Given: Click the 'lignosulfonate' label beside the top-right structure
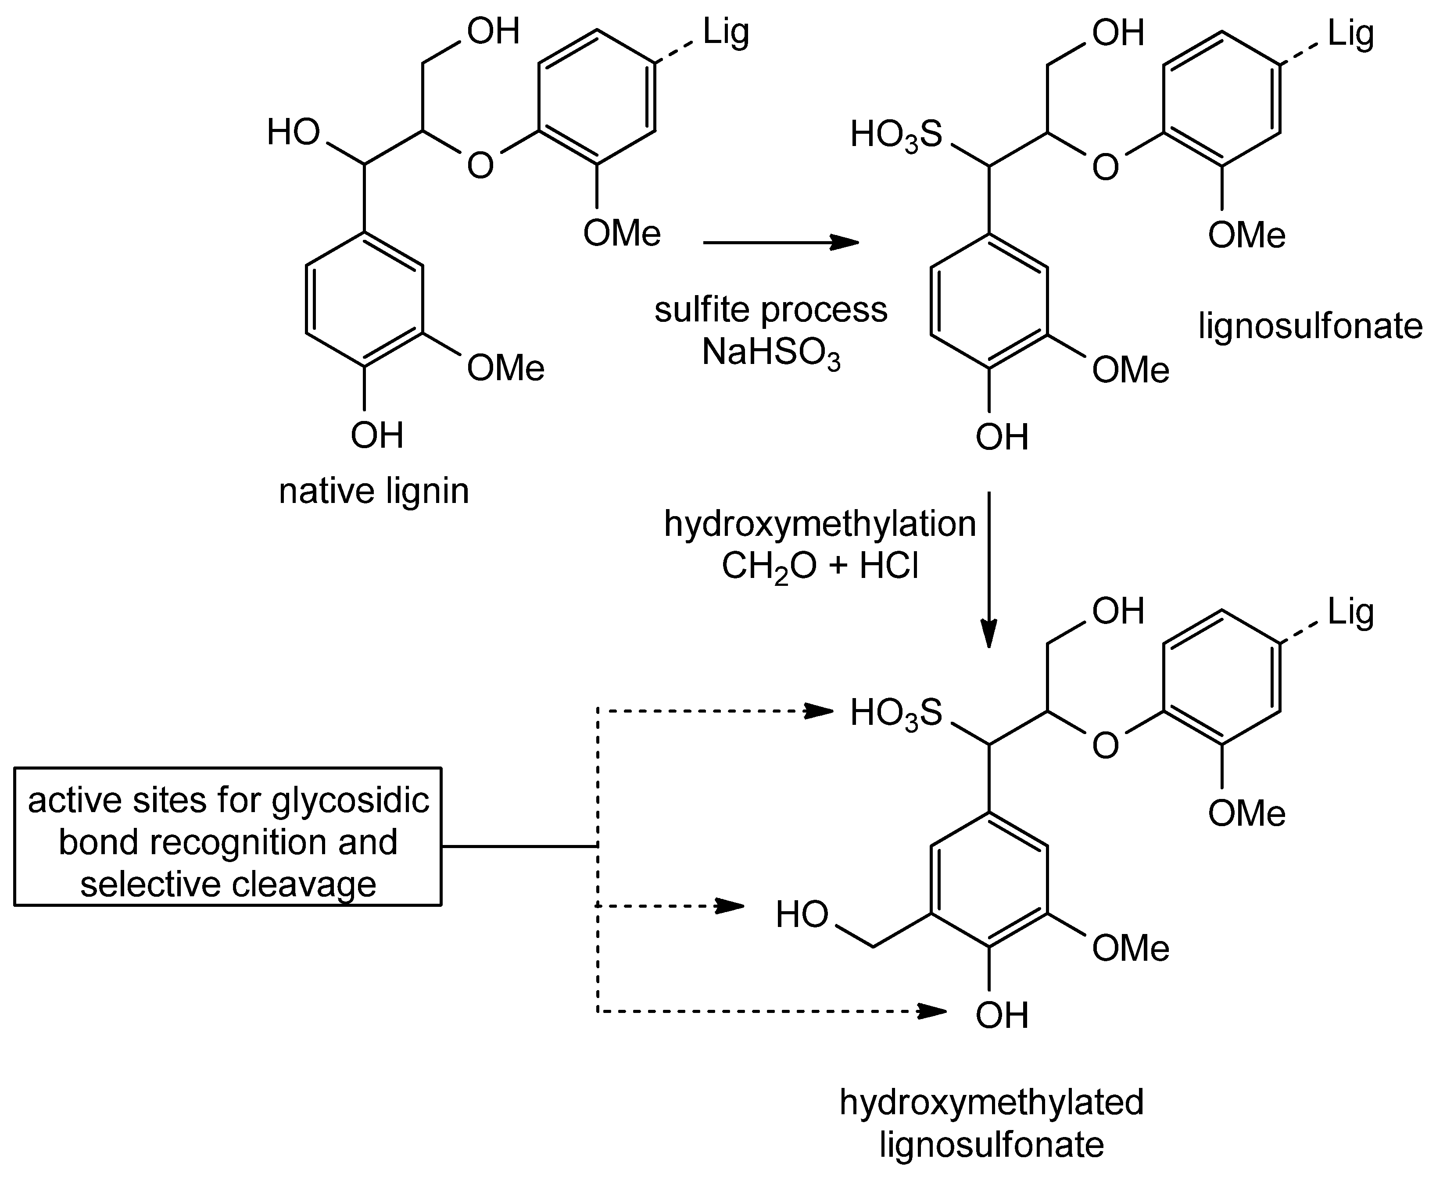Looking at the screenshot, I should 1310,326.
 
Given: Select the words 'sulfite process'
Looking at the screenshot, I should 770,310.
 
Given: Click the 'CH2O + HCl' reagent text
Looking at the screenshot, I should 820,566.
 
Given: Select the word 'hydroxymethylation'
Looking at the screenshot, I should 820,524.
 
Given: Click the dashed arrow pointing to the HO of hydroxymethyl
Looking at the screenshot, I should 670,906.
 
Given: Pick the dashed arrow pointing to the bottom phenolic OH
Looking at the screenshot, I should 768,1012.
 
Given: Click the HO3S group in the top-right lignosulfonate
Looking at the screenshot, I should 896,135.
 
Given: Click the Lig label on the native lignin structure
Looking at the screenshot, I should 726,32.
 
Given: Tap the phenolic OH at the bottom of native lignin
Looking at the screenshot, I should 377,435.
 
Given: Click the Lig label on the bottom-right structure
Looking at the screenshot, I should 1350,612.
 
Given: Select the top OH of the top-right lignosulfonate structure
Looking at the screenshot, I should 1118,32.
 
